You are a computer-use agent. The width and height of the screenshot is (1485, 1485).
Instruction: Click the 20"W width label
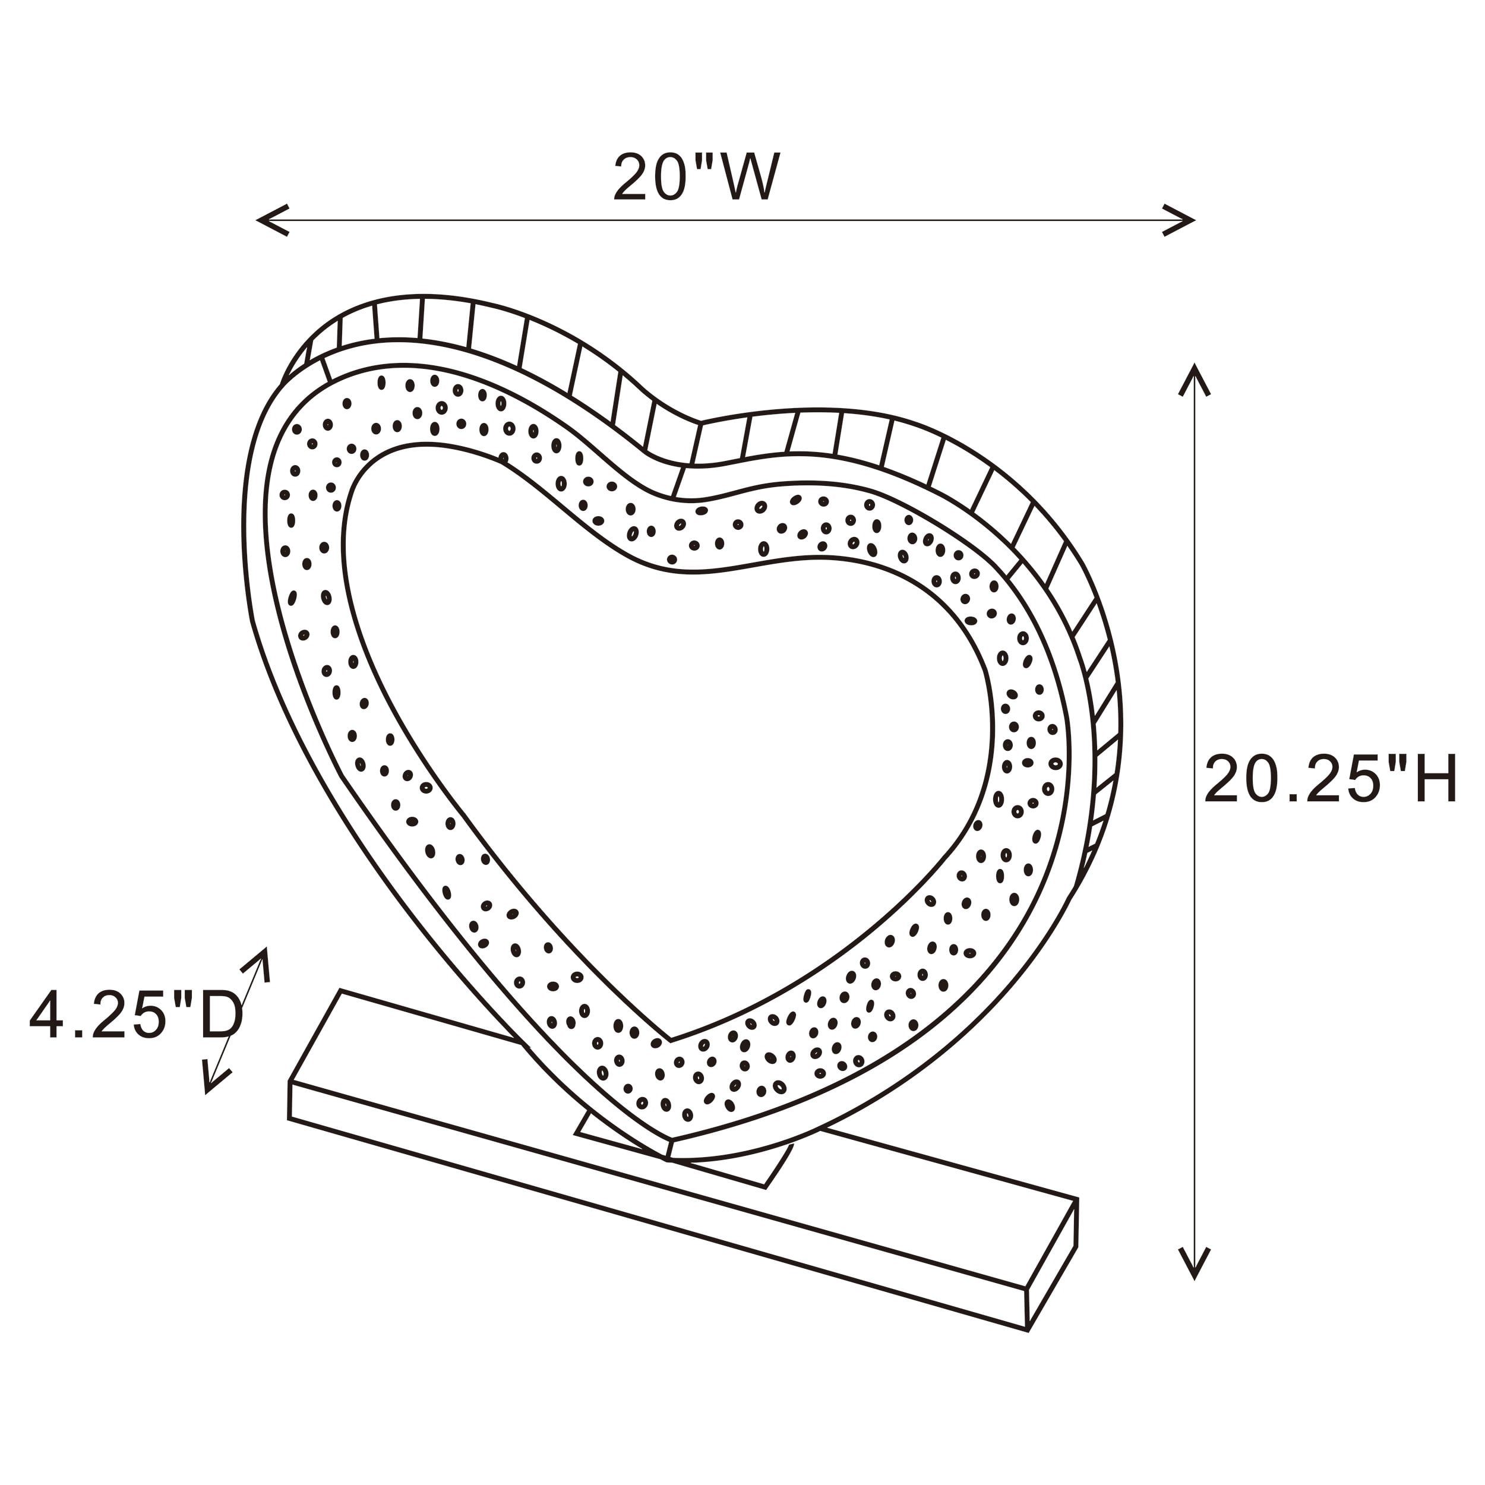click(696, 177)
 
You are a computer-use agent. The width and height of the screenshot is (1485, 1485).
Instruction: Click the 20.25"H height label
click(1331, 779)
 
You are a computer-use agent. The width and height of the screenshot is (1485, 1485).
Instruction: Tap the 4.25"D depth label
click(137, 1015)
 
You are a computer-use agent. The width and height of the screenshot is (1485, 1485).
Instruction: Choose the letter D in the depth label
click(222, 1015)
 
